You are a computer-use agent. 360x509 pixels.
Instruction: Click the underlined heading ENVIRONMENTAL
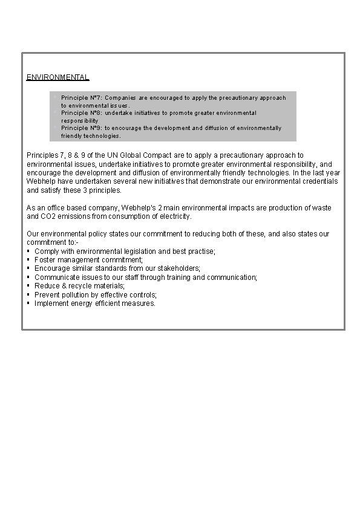pos(57,77)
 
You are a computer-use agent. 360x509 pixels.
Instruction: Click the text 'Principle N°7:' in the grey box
pos(82,97)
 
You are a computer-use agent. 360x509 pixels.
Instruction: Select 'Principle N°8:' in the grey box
pos(82,113)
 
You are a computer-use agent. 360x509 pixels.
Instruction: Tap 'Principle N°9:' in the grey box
pos(82,128)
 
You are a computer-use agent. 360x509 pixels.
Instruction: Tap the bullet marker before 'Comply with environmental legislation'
pos(29,251)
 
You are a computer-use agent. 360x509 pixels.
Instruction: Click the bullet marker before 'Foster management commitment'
pos(29,259)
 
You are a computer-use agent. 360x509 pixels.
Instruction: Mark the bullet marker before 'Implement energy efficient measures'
pos(29,303)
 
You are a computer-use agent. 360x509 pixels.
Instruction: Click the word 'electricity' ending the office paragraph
pos(174,216)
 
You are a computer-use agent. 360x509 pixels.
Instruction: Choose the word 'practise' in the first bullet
pos(200,251)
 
